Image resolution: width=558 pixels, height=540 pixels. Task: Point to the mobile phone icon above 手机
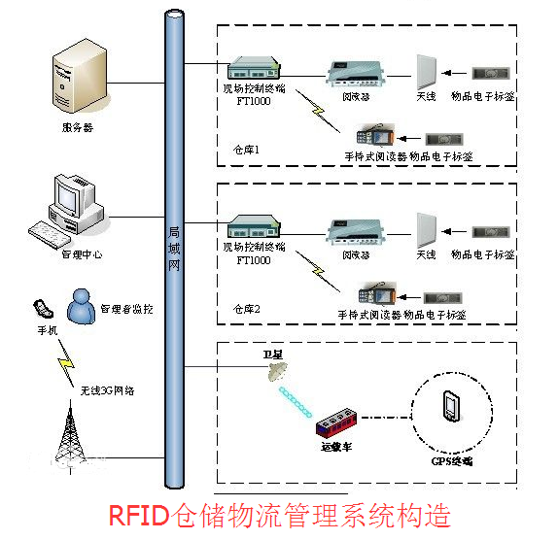click(41, 309)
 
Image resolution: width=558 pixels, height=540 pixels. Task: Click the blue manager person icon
click(80, 308)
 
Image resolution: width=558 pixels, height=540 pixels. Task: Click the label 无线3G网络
click(107, 389)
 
